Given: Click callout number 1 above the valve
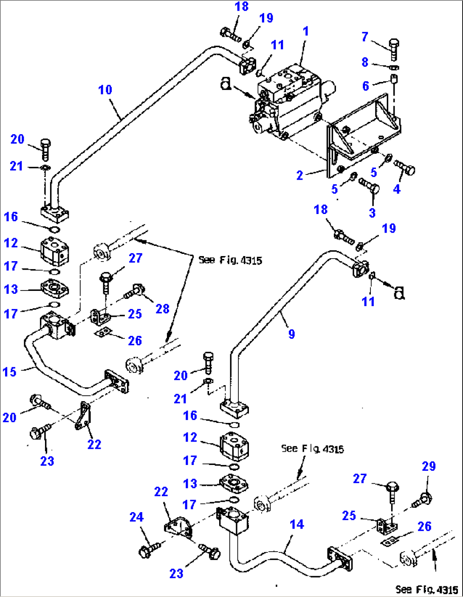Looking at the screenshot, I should [x=305, y=31].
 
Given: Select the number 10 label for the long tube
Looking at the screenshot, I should [x=105, y=90].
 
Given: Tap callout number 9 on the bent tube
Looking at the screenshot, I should [x=291, y=334].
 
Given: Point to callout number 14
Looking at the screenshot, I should [x=296, y=524].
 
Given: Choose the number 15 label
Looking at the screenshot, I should [x=9, y=372].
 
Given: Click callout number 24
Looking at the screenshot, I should [x=136, y=517].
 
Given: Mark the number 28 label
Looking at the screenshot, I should [x=162, y=309].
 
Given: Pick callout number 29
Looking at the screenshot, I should [x=429, y=466].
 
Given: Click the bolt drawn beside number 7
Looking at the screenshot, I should [x=394, y=48].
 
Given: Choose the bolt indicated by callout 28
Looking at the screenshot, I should [x=135, y=291].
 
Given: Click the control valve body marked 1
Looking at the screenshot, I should [x=289, y=102].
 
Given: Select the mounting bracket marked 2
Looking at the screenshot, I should [x=361, y=136].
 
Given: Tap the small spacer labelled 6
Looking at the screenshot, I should [x=394, y=79].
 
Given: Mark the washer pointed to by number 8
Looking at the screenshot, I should [x=394, y=67].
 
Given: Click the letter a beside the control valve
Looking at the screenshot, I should [x=226, y=84].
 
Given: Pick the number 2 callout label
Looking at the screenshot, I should [x=299, y=175].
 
